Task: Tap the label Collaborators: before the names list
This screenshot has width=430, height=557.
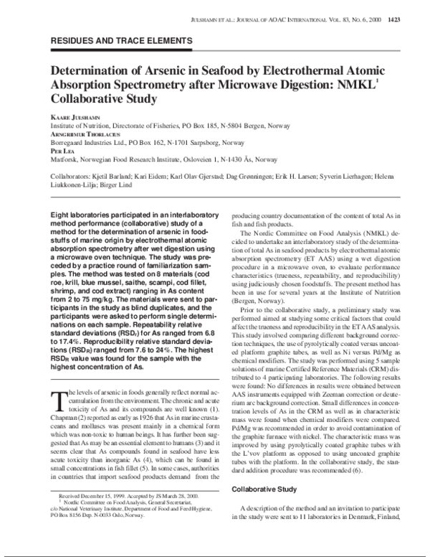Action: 73,175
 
